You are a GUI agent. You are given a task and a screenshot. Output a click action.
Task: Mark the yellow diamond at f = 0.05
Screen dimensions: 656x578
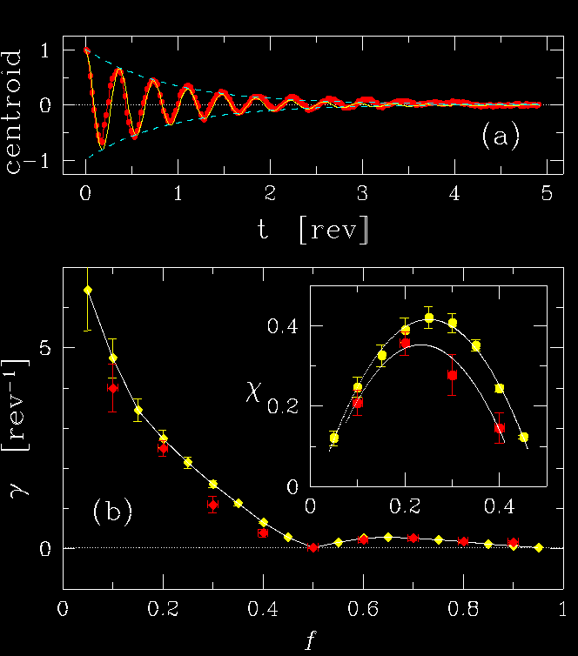pos(87,290)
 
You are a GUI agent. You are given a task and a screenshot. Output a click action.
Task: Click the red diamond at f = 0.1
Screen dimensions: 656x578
pos(112,388)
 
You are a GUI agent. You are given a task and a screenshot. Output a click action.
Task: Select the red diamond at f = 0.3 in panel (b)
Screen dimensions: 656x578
pos(212,505)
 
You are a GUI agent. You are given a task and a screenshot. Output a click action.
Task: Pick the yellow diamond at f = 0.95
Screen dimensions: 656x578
pos(539,547)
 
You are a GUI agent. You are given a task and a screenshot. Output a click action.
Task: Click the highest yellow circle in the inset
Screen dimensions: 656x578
pos(428,318)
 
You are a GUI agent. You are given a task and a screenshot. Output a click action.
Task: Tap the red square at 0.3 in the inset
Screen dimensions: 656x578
pos(452,375)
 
